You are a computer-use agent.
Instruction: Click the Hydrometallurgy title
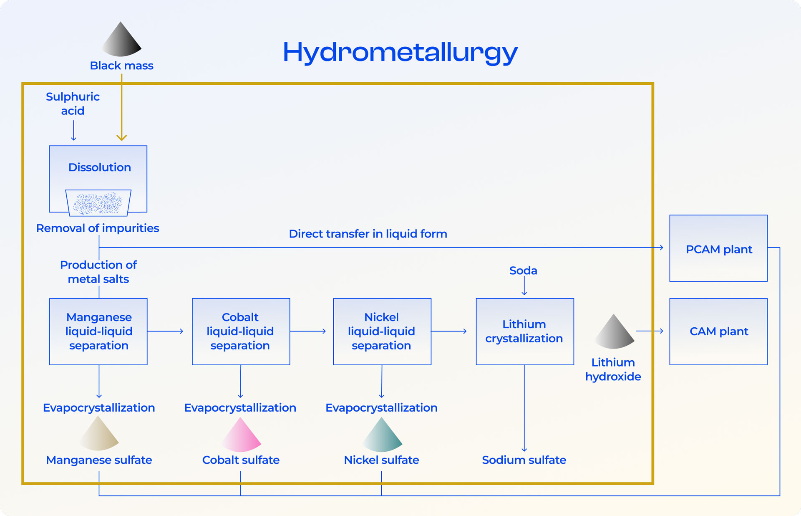coord(400,53)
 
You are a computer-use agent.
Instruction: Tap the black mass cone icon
coord(121,40)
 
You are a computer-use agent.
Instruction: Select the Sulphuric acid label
coord(73,104)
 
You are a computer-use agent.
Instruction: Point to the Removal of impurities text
coord(98,228)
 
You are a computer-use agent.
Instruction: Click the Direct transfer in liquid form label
coord(368,234)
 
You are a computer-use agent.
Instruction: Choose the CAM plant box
coord(718,331)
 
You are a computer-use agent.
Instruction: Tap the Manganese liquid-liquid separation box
coord(98,331)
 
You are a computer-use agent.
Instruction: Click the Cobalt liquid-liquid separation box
coord(241,331)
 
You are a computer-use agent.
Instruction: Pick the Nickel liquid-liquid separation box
coord(382,331)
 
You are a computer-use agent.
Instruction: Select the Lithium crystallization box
coord(524,331)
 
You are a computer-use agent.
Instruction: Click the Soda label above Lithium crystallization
coord(523,271)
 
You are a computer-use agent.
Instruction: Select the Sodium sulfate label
coord(524,460)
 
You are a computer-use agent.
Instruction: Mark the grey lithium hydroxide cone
coord(614,333)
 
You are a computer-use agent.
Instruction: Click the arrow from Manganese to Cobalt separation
coord(165,331)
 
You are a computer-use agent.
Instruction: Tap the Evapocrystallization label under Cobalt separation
coord(240,408)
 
